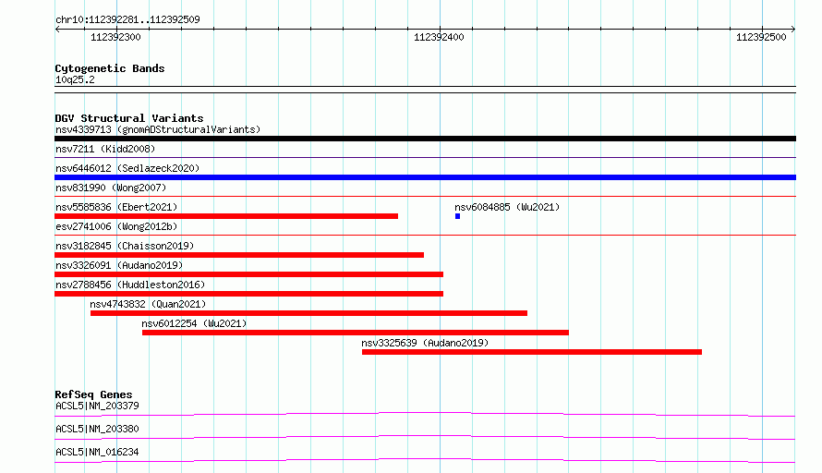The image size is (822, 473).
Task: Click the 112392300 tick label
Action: point(115,37)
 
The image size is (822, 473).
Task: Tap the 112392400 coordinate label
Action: point(439,37)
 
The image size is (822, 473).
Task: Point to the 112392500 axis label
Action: point(761,37)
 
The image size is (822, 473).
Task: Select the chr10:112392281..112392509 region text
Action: point(127,19)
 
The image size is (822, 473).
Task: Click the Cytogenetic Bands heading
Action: point(110,68)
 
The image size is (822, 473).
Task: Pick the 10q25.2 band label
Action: point(75,79)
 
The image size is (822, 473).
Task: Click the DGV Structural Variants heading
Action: point(129,118)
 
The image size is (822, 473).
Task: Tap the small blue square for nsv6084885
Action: point(458,216)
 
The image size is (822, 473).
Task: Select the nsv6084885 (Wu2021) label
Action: point(507,207)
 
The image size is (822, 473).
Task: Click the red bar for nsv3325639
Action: point(532,352)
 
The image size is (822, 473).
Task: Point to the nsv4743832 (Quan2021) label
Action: point(148,304)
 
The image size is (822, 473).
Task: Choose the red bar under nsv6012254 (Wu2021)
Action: point(356,333)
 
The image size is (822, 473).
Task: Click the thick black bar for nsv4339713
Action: point(425,139)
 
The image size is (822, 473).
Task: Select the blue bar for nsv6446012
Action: point(425,177)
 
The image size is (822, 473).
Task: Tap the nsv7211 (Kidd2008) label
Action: point(105,149)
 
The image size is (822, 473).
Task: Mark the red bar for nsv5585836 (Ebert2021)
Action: point(226,216)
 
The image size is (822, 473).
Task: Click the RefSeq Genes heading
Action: point(94,394)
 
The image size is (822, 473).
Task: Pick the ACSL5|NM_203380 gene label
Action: point(97,429)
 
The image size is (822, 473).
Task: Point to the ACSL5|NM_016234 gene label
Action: point(97,452)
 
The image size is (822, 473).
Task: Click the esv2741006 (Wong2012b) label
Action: point(116,226)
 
